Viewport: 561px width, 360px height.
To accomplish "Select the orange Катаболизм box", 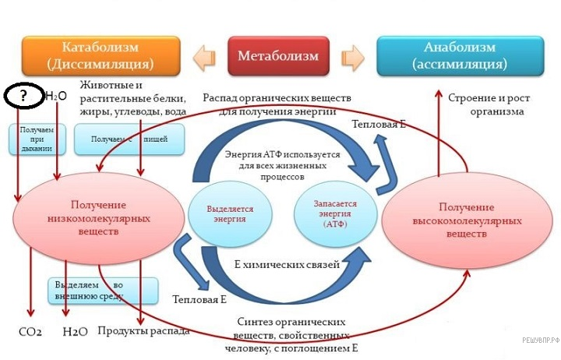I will [101, 55].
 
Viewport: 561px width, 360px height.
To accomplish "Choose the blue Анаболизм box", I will [460, 55].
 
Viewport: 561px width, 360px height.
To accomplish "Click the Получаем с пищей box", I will [130, 139].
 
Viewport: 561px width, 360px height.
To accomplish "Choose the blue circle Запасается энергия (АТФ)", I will [335, 214].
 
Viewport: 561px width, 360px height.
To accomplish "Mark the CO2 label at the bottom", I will [30, 331].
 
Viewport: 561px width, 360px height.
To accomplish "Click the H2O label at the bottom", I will [75, 331].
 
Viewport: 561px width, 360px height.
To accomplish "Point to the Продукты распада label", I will [143, 330].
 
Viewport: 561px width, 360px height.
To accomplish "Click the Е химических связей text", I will [287, 264].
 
